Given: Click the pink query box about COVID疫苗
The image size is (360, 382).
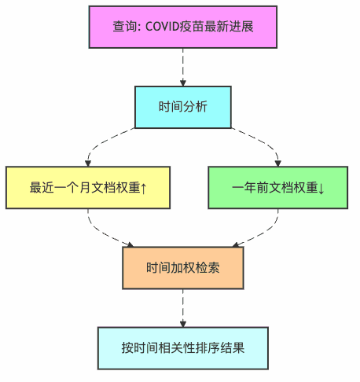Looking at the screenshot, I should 183,27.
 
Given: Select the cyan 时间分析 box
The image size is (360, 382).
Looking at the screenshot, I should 183,107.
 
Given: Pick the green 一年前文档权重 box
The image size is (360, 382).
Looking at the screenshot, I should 278,187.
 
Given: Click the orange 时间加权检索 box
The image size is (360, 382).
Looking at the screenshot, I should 183,267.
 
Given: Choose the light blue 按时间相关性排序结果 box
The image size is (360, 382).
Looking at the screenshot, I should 183,347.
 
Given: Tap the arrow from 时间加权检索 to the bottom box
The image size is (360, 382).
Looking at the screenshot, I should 183,307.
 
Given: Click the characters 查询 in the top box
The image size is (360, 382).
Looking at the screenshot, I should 123,27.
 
